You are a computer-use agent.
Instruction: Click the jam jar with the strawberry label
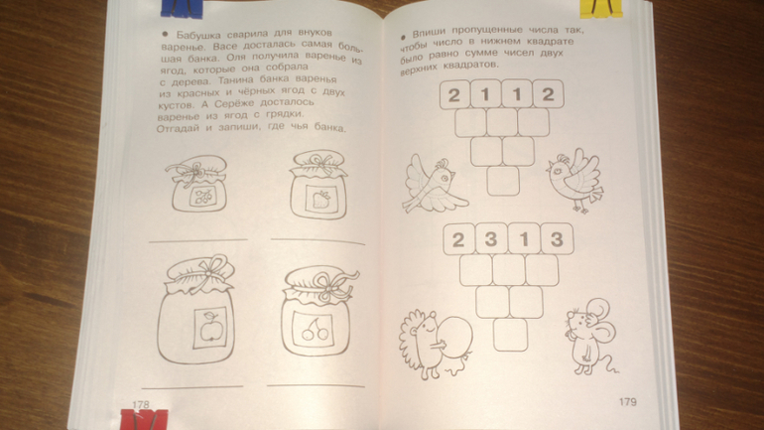pyautogui.click(x=318, y=185)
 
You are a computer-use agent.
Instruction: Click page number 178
pyautogui.click(x=140, y=404)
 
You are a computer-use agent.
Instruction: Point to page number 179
pyautogui.click(x=627, y=402)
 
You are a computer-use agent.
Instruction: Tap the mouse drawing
pyautogui.click(x=590, y=337)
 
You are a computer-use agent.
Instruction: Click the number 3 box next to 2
pyautogui.click(x=491, y=239)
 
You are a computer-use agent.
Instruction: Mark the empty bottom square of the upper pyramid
pyautogui.click(x=503, y=181)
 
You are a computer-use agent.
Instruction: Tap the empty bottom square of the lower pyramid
pyautogui.click(x=510, y=334)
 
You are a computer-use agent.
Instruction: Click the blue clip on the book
pyautogui.click(x=182, y=8)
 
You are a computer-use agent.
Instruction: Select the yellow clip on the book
pyautogui.click(x=601, y=8)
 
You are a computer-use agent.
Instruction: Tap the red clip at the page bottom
pyautogui.click(x=144, y=420)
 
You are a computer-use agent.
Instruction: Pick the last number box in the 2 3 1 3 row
pyautogui.click(x=557, y=239)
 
